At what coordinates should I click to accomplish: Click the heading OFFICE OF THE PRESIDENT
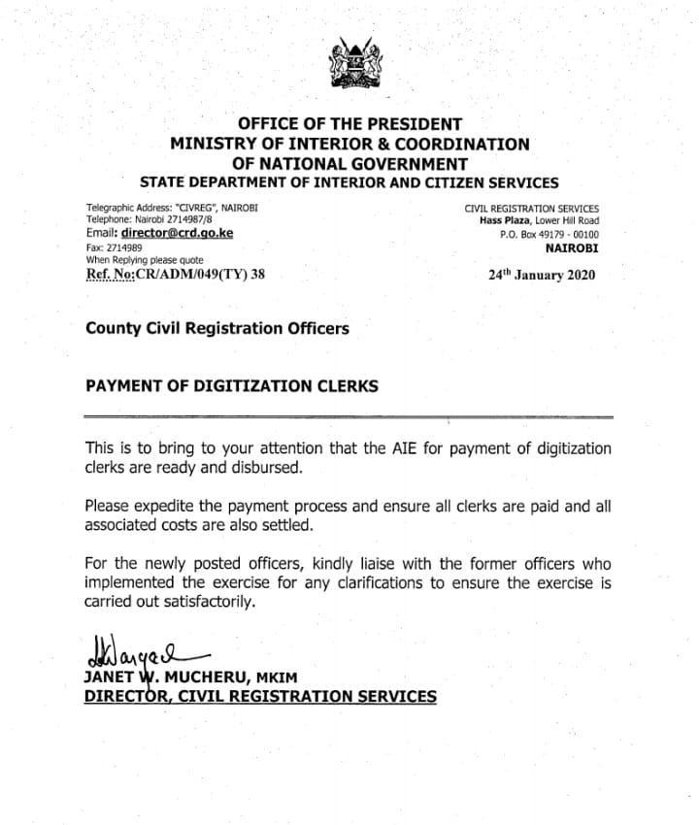[349, 124]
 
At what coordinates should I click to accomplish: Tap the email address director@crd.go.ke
[175, 234]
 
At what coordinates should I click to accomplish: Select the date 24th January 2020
[543, 275]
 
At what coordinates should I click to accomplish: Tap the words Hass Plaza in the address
[502, 220]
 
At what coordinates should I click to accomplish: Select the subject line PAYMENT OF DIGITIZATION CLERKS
[231, 385]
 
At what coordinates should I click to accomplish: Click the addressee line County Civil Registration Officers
[216, 328]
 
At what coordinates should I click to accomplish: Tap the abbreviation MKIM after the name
[296, 679]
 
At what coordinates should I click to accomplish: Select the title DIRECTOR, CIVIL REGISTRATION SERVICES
[260, 696]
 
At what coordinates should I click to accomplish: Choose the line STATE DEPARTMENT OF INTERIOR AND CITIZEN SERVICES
[349, 181]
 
